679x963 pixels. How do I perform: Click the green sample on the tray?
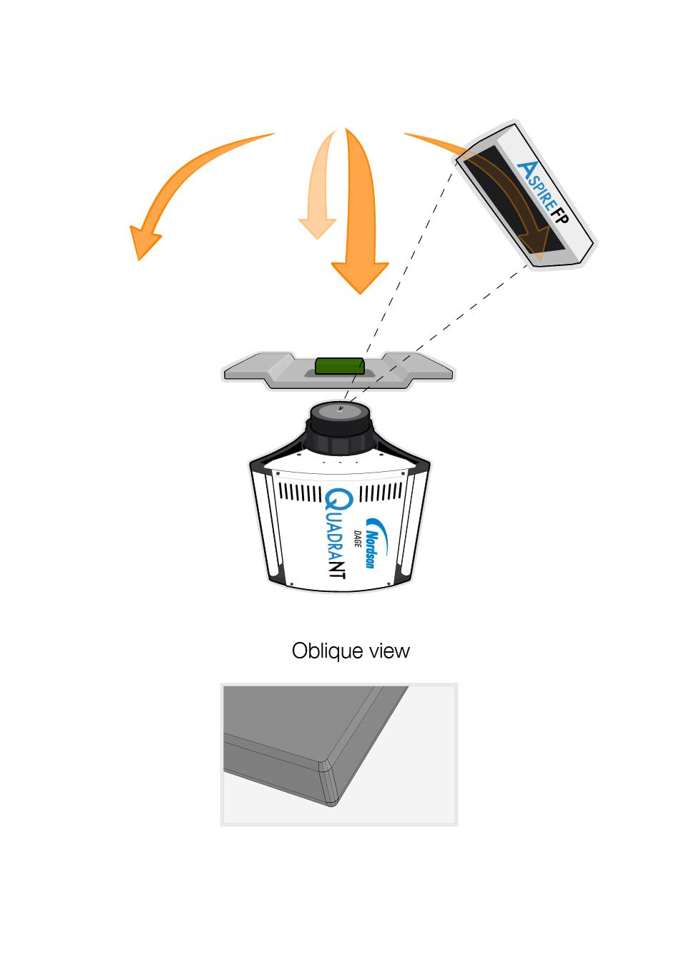[x=340, y=367]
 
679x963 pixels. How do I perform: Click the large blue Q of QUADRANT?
[x=336, y=501]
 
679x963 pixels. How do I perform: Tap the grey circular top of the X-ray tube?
[x=340, y=410]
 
